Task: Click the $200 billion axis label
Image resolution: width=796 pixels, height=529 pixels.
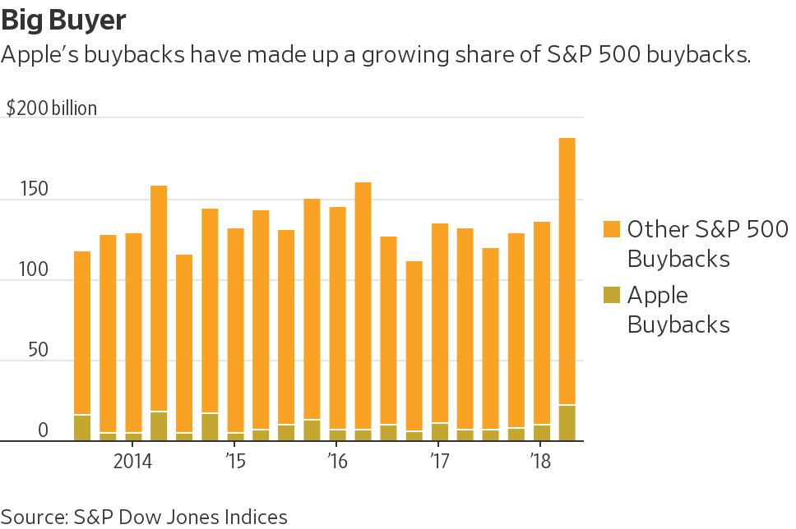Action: coord(52,108)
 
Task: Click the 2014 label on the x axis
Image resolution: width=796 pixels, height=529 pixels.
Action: coord(132,459)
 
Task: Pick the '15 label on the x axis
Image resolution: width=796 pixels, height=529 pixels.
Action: coord(234,459)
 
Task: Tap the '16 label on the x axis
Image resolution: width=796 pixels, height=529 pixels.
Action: coord(336,459)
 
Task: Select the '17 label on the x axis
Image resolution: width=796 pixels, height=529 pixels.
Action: coord(438,459)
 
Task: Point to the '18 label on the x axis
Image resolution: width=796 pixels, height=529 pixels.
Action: coord(539,459)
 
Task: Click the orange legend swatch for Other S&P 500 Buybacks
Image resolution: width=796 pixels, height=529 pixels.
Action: coord(611,228)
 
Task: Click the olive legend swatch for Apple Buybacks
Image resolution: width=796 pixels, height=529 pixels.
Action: coord(611,294)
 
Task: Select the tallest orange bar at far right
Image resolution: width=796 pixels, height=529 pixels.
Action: coord(567,271)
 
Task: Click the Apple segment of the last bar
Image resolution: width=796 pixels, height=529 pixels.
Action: coord(567,423)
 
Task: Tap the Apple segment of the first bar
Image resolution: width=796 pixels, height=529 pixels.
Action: coord(82,428)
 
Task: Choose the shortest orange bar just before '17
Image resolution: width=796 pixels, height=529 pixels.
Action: coord(414,345)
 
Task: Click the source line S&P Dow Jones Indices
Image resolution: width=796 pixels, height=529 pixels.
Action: coord(145,517)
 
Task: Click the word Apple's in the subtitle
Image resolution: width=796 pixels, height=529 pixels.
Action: coord(37,56)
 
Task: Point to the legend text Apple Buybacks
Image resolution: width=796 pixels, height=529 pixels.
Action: coord(678,309)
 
